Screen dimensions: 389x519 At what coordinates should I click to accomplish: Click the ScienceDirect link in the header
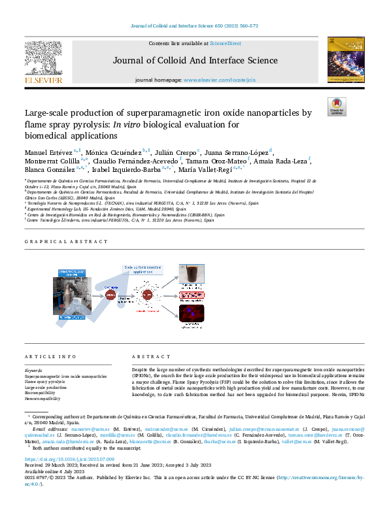(x=225, y=43)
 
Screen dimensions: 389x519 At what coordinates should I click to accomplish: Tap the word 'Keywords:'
(x=34, y=371)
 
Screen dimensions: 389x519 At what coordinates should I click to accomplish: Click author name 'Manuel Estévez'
(x=48, y=152)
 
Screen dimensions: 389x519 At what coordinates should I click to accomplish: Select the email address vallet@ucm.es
(x=312, y=441)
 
